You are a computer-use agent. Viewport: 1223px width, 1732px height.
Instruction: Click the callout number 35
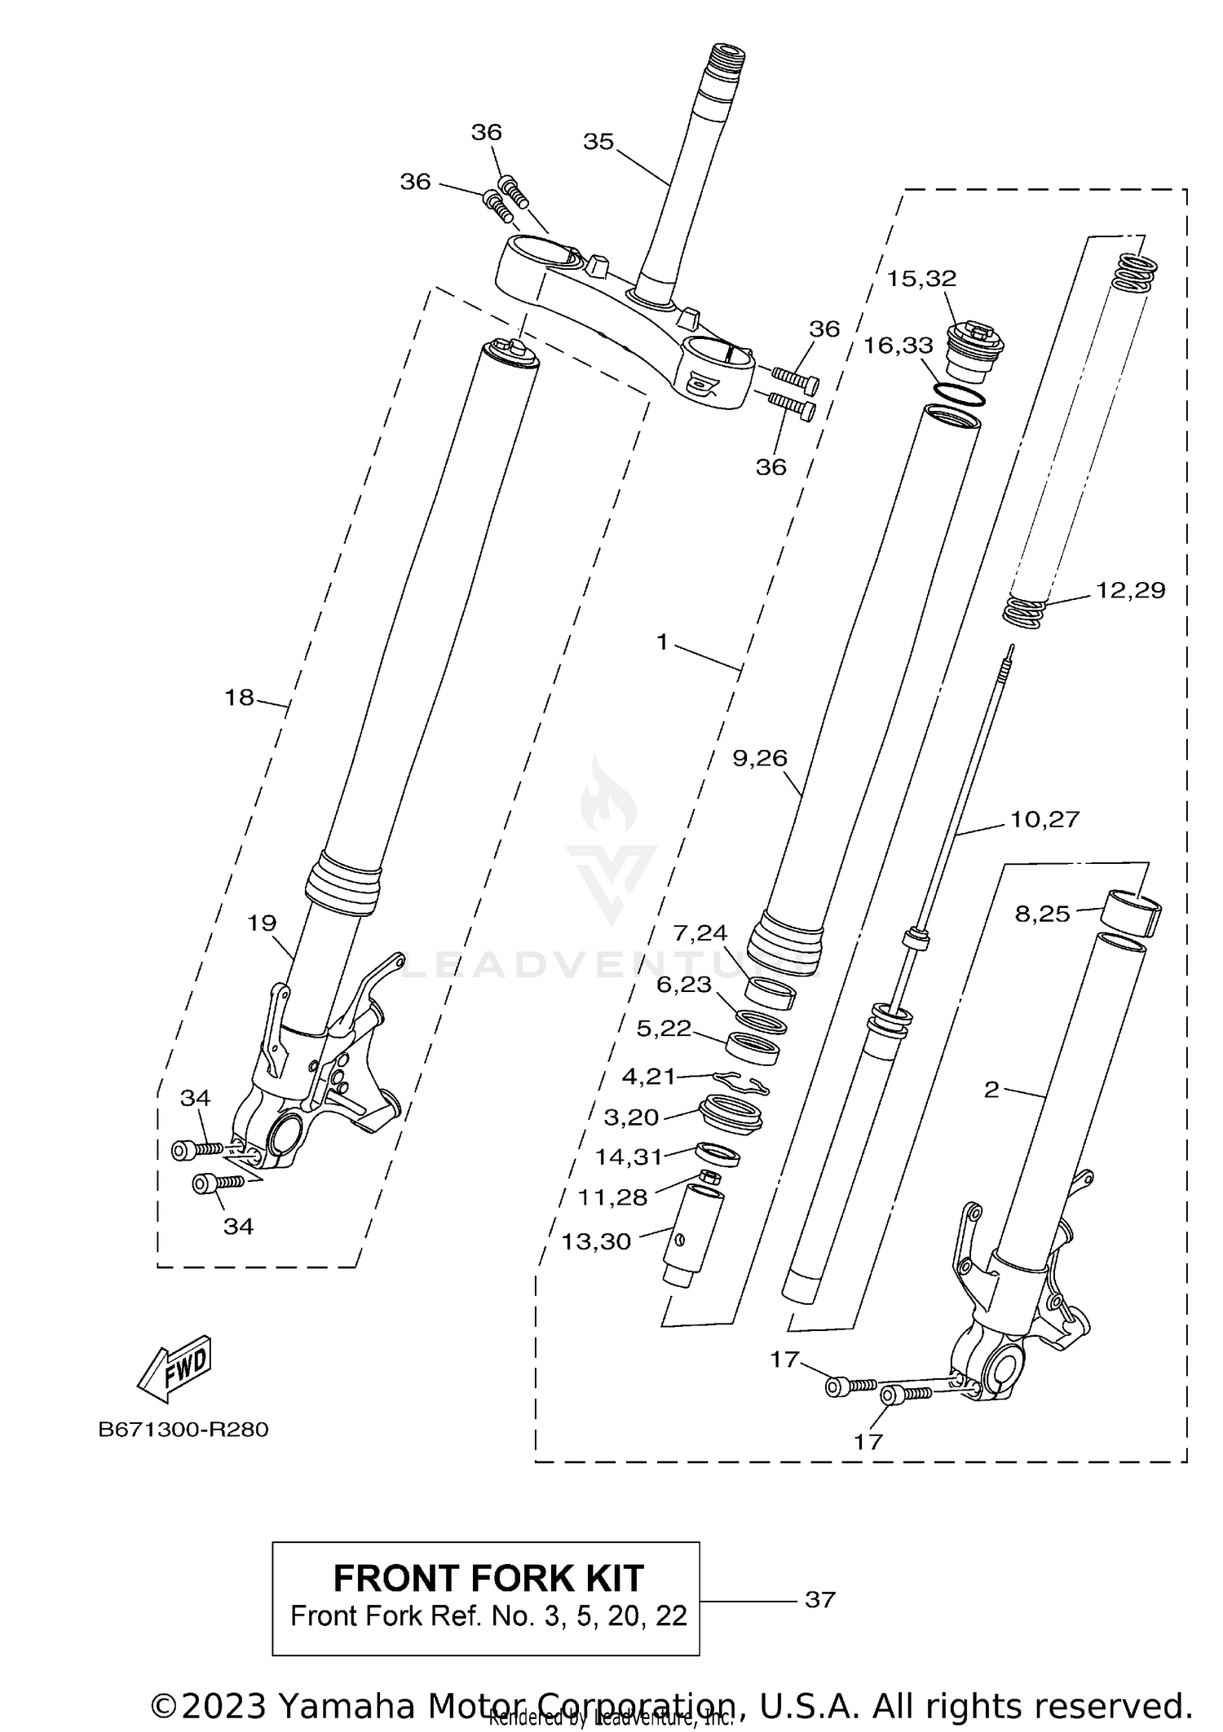[x=598, y=142]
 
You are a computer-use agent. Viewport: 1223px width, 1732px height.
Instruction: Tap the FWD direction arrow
[x=175, y=1369]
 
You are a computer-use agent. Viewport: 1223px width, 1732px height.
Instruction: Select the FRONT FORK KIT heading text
[x=488, y=1579]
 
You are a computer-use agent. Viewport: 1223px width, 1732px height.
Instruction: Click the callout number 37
[x=820, y=1600]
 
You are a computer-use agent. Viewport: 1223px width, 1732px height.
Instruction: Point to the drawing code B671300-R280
[x=183, y=1430]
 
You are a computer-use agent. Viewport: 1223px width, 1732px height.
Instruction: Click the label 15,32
[x=921, y=279]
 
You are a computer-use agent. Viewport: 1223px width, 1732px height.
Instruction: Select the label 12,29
[x=1130, y=590]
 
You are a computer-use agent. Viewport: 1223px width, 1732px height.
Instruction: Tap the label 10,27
[x=1044, y=819]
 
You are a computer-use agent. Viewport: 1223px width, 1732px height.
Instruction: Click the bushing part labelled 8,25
[x=1132, y=914]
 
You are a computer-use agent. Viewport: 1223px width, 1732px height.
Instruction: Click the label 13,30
[x=596, y=1241]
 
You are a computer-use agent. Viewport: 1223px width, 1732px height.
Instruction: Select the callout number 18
[x=240, y=698]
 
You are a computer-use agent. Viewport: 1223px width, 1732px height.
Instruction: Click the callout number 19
[x=262, y=923]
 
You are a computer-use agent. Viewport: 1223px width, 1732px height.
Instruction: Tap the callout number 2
[x=991, y=1090]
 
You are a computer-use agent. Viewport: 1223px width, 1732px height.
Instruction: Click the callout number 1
[x=662, y=643]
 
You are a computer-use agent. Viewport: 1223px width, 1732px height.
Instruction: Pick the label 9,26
[x=760, y=759]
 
